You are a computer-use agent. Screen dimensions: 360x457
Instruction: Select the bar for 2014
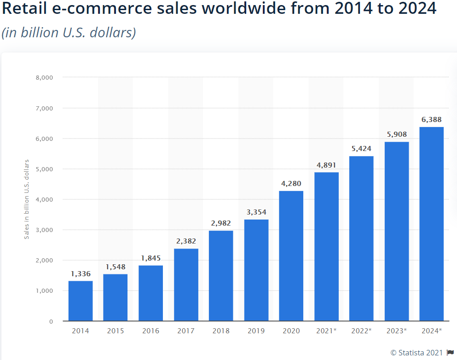[x=81, y=301]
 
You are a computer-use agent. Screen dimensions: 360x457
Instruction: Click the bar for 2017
[x=186, y=285]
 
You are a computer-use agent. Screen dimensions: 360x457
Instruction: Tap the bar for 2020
[x=291, y=255]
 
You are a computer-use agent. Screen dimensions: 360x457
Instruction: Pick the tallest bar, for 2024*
[x=431, y=224]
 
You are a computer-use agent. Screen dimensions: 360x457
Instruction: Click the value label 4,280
[x=291, y=184]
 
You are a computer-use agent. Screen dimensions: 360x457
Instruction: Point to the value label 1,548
[x=116, y=267]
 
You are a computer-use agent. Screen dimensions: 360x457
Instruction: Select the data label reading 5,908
[x=396, y=134]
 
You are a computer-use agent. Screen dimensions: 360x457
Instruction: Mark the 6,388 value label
[x=431, y=120]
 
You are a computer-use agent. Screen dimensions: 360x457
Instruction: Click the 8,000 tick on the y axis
[x=44, y=77]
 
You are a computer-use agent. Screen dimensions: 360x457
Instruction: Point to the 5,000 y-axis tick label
[x=44, y=169]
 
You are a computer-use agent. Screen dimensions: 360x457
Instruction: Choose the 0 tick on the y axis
[x=51, y=321]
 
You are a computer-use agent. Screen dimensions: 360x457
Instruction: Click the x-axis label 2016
[x=150, y=331]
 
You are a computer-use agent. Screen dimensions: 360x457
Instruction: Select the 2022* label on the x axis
[x=361, y=331]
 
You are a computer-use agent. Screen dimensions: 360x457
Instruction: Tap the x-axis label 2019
[x=256, y=331]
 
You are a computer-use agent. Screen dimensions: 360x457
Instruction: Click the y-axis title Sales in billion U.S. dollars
[x=27, y=199]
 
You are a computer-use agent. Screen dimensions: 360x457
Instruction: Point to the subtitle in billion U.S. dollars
[x=69, y=33]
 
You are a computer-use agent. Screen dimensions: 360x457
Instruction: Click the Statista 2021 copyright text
[x=417, y=353]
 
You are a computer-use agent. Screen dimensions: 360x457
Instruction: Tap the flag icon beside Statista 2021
[x=450, y=353]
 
